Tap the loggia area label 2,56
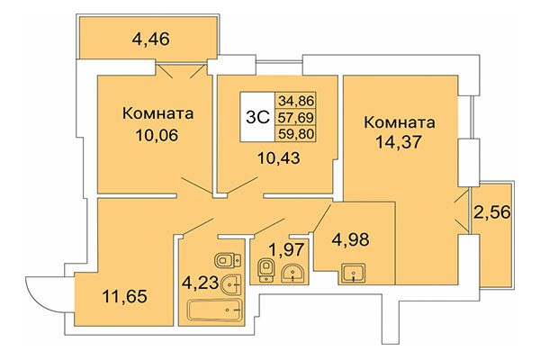coord(490,214)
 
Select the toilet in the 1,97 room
coord(265,269)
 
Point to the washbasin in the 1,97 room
coord(292,273)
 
